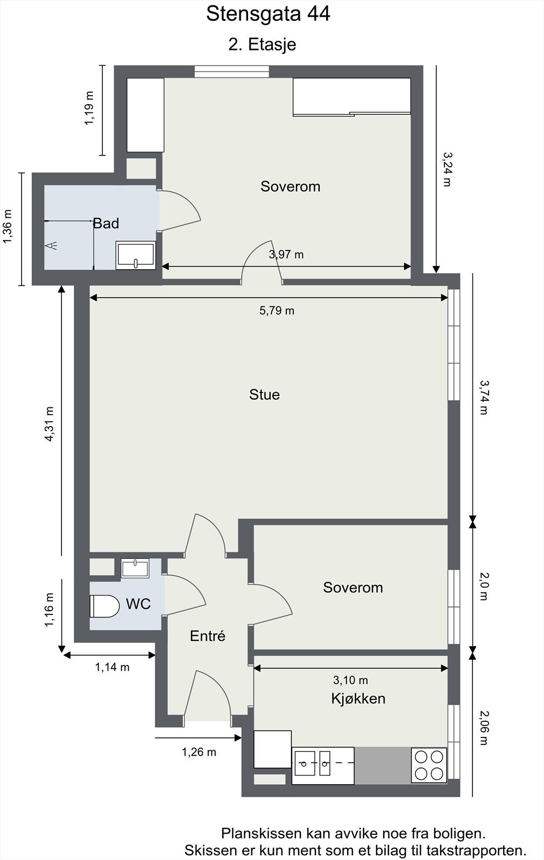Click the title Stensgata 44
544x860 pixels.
coord(268,15)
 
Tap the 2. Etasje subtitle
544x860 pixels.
coord(262,45)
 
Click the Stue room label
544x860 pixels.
coord(265,395)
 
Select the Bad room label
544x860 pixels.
coord(106,223)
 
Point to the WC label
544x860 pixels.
coord(138,604)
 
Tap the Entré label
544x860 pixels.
coord(208,636)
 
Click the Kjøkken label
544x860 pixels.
coord(358,699)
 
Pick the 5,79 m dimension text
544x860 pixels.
coord(277,311)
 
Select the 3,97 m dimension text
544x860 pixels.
coord(286,255)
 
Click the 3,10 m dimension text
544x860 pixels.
coord(350,680)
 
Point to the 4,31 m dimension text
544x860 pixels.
coord(49,424)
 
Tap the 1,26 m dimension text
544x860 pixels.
coord(199,752)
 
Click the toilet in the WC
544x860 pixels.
coord(104,606)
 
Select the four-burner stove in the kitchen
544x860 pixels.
coord(429,765)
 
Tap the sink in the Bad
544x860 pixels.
coord(136,255)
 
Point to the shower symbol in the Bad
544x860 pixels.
coord(52,246)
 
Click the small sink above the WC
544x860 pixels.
coord(135,568)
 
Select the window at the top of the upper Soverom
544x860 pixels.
coord(231,72)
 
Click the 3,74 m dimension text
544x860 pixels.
coord(484,397)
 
